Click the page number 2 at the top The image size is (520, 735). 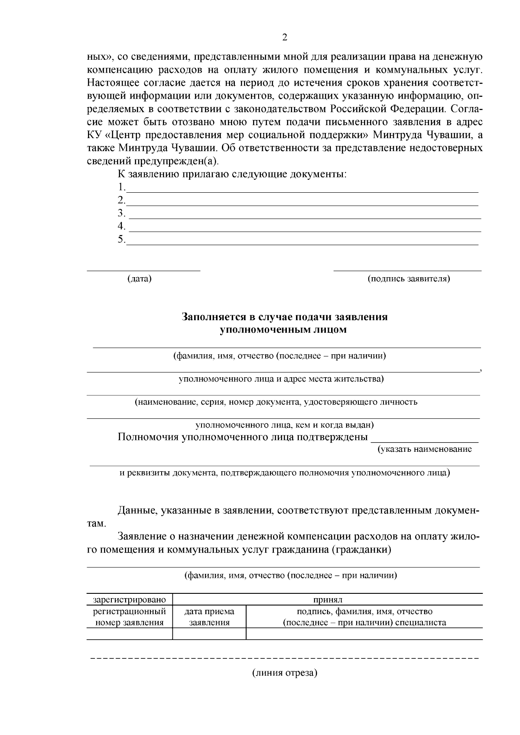tap(284, 37)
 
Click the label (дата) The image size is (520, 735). tap(140, 278)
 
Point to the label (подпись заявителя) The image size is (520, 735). tap(409, 278)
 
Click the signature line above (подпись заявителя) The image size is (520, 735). tap(407, 270)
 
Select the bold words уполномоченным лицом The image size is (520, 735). tap(283, 330)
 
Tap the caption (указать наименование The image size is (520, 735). tap(425, 449)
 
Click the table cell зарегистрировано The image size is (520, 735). tap(130, 600)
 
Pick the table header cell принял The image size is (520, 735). tap(328, 600)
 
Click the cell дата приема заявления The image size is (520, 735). tap(209, 617)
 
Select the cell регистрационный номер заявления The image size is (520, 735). tap(130, 617)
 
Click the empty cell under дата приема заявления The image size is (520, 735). tap(209, 634)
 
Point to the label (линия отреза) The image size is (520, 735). tap(285, 673)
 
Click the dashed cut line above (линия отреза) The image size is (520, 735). tap(284, 659)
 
